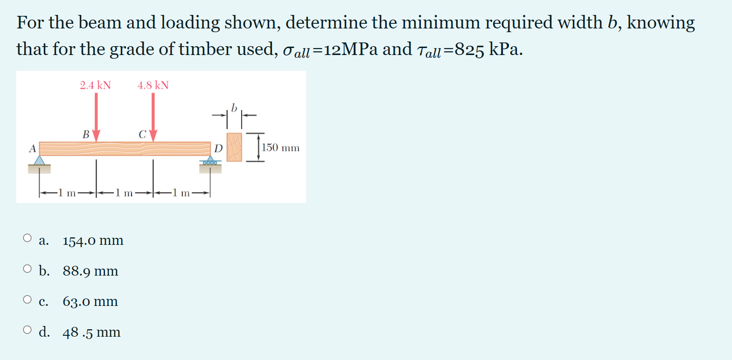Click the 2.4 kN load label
point(95,85)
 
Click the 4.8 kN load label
point(153,85)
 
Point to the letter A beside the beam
point(32,149)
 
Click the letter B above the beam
point(86,135)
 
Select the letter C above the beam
point(142,135)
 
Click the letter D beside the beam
point(218,149)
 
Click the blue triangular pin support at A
point(40,161)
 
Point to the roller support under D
point(210,161)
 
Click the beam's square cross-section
point(234,147)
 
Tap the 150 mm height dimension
point(280,148)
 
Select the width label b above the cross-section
point(234,108)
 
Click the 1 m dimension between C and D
point(181,193)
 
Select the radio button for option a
point(28,238)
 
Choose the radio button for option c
point(28,299)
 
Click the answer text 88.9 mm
point(91,271)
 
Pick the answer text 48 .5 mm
point(91,332)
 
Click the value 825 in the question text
point(469,49)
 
